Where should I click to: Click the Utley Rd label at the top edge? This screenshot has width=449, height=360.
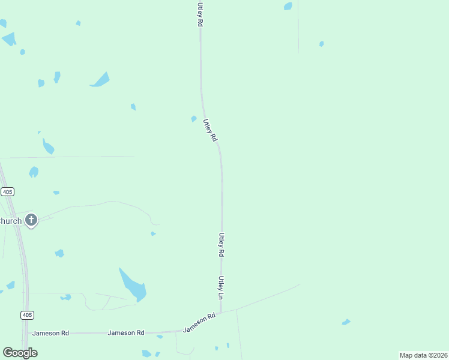199,13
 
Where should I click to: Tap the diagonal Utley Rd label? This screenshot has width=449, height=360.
209,130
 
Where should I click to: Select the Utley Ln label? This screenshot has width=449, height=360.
221,288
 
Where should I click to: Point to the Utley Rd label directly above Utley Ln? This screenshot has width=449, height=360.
221,245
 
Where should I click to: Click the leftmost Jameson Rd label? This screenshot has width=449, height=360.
51,333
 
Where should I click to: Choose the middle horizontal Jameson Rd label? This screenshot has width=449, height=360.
126,332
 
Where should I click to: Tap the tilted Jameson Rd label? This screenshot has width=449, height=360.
199,323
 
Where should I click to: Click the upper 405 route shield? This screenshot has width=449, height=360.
7,191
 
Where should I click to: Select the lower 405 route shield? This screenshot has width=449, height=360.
27,315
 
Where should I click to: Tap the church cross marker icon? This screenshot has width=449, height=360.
31,220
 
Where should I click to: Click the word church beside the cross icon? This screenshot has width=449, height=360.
11,221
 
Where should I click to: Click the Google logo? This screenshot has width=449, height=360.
20,352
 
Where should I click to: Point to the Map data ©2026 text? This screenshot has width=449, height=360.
423,355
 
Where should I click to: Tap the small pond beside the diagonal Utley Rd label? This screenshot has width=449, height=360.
193,119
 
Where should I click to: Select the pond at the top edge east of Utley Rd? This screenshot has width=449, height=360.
288,7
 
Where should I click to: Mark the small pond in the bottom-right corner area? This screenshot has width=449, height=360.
346,322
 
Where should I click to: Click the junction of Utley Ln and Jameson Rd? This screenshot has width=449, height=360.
221,313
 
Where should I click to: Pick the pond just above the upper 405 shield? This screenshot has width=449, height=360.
34,172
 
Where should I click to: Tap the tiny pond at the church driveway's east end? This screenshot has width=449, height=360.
153,233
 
